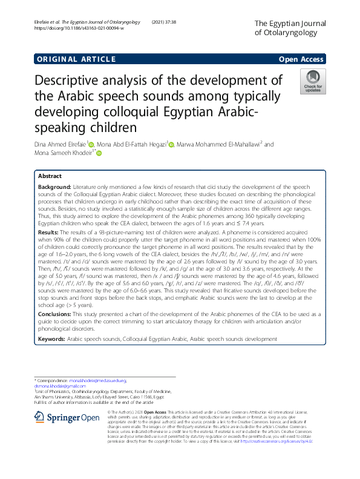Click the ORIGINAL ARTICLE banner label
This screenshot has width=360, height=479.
(76, 59)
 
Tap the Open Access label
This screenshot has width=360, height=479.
(301, 59)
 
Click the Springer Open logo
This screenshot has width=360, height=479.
(67, 417)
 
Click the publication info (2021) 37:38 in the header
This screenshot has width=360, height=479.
(181, 22)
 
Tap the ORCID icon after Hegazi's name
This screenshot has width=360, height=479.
(171, 145)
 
